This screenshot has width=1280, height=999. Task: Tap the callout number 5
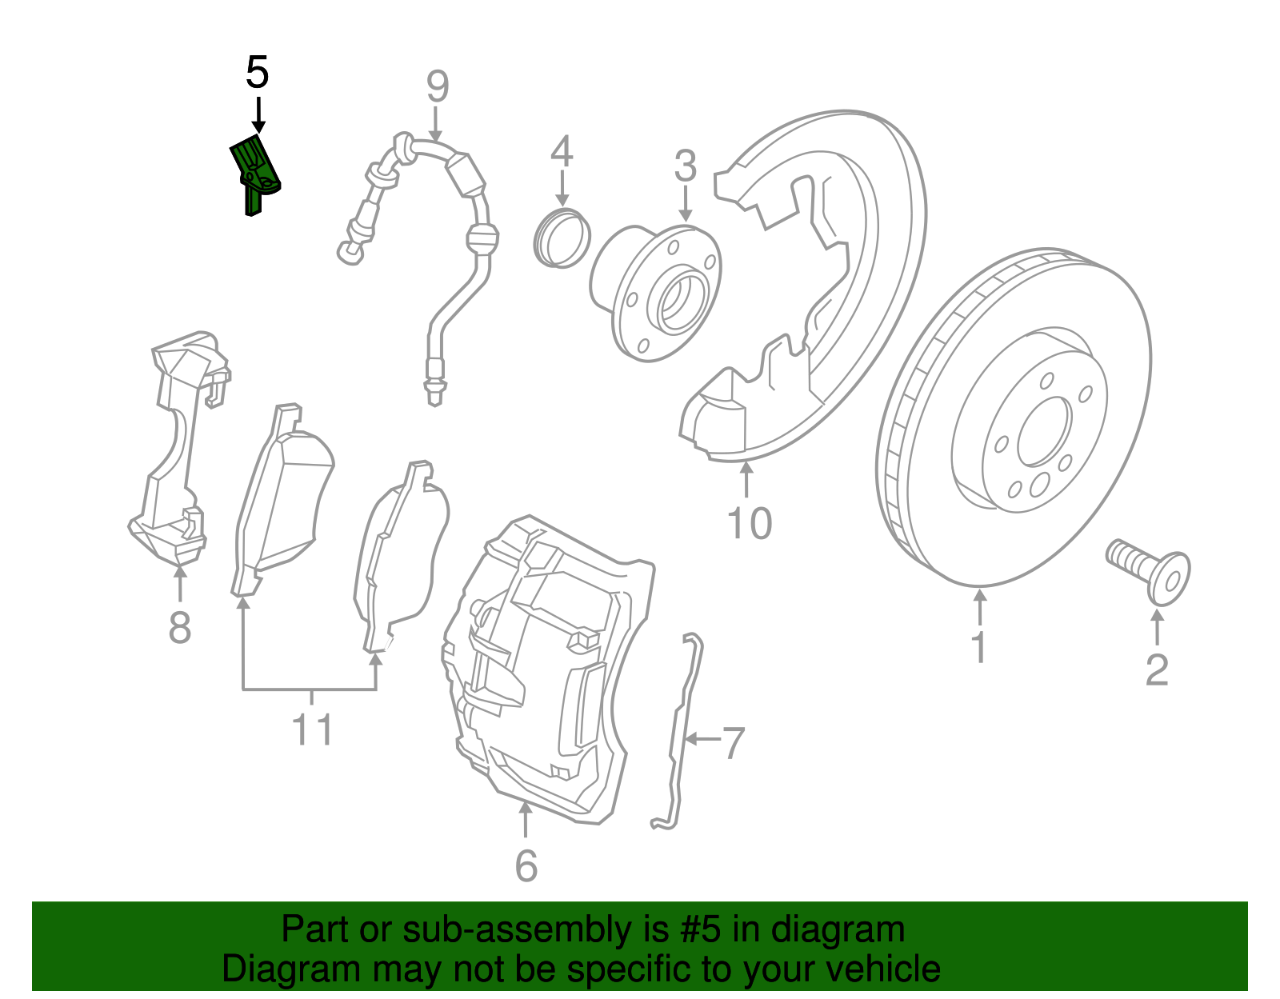[257, 73]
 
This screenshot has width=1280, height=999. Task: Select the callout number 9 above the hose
[437, 86]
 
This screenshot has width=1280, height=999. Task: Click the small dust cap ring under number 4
[562, 238]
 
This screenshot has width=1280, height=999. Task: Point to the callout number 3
[685, 166]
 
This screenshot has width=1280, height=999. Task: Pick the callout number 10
[749, 524]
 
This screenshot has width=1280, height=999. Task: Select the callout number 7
[733, 743]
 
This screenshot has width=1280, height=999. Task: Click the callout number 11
[312, 729]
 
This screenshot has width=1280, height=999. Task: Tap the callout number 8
[180, 626]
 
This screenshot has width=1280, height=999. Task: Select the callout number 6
[526, 865]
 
